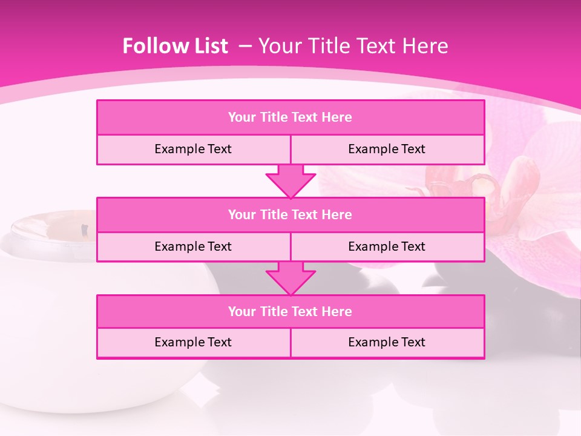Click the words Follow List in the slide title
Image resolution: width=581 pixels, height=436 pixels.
click(176, 46)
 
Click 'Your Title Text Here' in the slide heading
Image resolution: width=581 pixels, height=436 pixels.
click(353, 46)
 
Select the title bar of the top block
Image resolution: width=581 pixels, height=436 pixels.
click(290, 117)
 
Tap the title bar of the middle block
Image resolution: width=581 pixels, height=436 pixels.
click(290, 214)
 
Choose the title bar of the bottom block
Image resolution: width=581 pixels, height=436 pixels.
click(290, 311)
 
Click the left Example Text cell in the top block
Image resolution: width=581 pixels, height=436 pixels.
click(193, 149)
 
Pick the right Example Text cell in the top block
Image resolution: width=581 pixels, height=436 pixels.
click(387, 149)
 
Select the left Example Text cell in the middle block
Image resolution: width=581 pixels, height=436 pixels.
click(193, 246)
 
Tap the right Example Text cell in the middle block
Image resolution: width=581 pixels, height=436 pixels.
click(387, 246)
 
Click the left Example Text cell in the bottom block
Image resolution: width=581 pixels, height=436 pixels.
click(193, 342)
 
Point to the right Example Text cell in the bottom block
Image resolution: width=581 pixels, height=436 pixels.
click(387, 342)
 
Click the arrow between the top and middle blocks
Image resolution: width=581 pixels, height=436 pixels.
click(290, 180)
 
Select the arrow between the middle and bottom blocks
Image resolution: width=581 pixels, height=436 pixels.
click(290, 278)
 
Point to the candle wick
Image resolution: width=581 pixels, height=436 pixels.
click(84, 230)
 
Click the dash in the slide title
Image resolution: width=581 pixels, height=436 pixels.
click(245, 46)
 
